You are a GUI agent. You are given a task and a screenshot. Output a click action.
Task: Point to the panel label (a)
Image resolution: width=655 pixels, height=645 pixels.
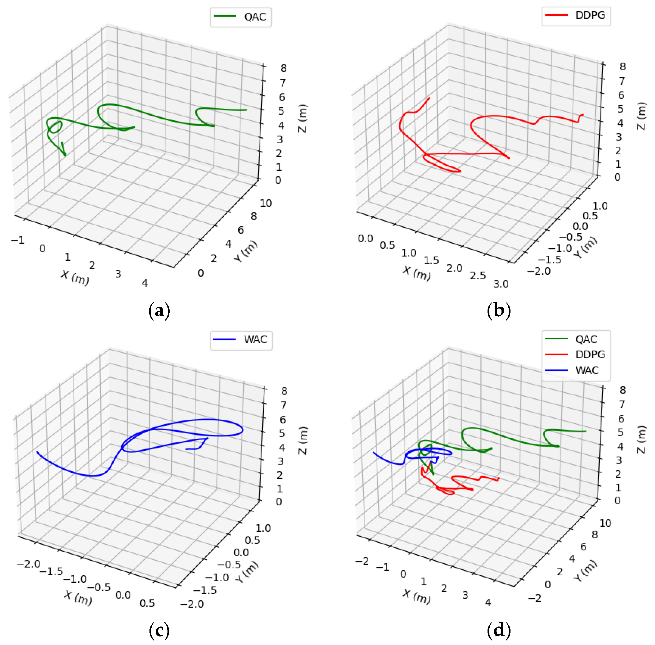pyautogui.click(x=159, y=310)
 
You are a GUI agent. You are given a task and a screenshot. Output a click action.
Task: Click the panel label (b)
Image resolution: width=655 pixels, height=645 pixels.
pyautogui.click(x=498, y=310)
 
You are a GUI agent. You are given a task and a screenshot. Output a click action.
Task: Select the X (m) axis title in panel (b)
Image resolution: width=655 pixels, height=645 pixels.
pyautogui.click(x=417, y=273)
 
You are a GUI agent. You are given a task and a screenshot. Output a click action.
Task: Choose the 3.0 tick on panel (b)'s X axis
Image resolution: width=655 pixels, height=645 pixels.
pyautogui.click(x=501, y=284)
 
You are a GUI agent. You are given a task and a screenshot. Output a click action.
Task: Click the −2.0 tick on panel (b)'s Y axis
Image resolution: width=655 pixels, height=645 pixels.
pyautogui.click(x=539, y=271)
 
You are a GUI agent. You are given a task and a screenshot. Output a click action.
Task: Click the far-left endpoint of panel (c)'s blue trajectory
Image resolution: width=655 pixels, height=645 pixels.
pyautogui.click(x=37, y=452)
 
